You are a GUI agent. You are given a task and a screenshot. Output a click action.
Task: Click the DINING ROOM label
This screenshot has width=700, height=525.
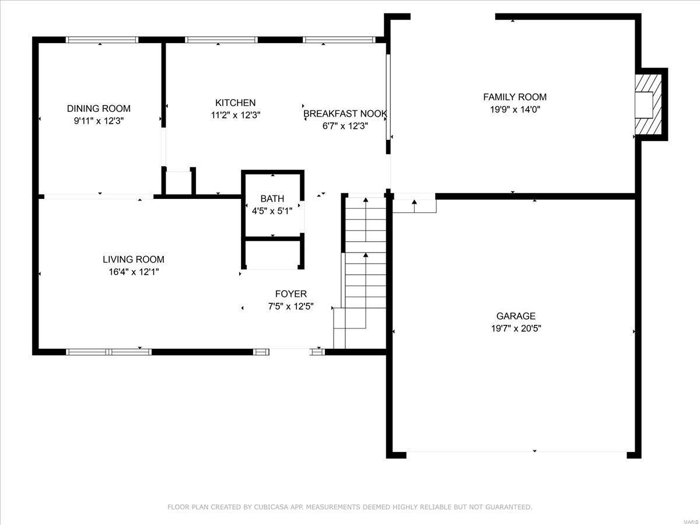99,108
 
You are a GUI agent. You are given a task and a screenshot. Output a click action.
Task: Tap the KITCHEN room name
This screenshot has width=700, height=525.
235,103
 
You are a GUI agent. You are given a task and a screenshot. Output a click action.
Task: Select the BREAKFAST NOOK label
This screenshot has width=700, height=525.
345,114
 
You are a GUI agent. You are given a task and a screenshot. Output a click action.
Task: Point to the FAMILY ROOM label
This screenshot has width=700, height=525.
514,97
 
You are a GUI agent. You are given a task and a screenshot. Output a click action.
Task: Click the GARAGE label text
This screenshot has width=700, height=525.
516,316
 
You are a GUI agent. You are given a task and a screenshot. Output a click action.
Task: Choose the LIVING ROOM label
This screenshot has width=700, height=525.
133,260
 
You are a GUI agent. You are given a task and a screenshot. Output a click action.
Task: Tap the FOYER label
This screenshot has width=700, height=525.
290,294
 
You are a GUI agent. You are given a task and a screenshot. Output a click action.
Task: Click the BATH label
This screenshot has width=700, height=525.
272,199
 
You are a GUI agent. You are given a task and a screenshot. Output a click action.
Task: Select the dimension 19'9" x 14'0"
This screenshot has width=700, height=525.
514,109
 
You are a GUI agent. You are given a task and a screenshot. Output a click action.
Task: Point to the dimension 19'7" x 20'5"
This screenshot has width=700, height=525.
516,328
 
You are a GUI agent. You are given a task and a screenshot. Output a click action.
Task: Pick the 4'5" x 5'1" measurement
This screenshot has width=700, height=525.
272,211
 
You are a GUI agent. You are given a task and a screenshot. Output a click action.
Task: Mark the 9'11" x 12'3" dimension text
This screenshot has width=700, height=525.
99,120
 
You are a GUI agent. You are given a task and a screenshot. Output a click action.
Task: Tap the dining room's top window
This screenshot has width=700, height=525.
101,40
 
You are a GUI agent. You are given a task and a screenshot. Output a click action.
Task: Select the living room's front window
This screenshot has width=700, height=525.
108,352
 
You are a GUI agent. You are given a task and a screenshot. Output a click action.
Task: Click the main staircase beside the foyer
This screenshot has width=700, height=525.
365,262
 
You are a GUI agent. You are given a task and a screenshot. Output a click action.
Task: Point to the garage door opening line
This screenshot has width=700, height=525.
516,452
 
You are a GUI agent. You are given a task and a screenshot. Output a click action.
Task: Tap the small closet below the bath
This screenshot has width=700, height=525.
273,254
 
